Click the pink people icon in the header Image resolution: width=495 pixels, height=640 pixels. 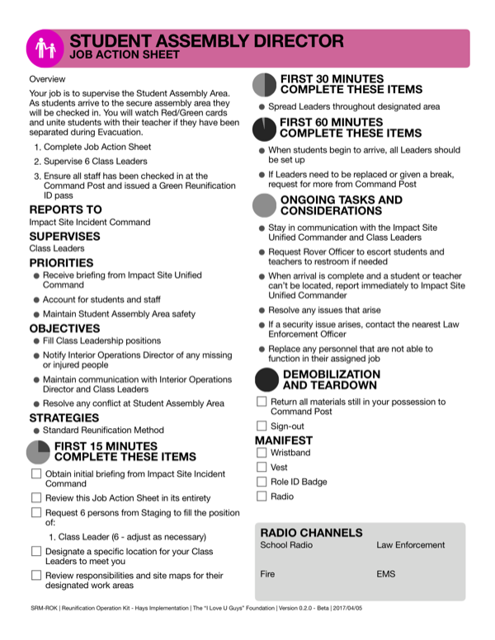coord(45,49)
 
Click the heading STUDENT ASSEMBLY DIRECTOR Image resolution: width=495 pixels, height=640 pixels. coord(206,40)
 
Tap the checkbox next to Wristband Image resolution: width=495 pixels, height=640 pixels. coord(262,453)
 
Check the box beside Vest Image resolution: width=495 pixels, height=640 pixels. coord(262,467)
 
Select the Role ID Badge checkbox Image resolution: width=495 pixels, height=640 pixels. coord(262,482)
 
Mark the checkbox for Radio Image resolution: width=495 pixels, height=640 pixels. coord(262,496)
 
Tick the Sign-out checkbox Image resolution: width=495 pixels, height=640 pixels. coord(262,426)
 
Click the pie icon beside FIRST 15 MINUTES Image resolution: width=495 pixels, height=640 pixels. coord(39,451)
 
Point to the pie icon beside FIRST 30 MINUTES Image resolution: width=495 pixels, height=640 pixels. coord(264,84)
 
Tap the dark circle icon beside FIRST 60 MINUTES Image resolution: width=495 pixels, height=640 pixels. coord(264,129)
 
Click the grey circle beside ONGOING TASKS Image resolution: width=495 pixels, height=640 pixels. coord(264,205)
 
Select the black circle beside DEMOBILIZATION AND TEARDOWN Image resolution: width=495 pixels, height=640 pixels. coord(266,379)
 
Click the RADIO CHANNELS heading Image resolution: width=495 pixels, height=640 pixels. coord(311,533)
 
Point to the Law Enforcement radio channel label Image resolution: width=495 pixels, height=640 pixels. coord(410,545)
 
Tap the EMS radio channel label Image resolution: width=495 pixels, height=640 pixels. coord(386,573)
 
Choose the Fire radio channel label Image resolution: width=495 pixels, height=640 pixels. coord(267,573)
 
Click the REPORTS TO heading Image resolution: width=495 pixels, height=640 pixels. coord(65,209)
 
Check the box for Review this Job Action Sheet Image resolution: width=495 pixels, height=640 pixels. coord(36,497)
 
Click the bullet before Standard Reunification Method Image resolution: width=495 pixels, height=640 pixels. coord(36,431)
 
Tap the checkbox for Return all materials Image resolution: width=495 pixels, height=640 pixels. coord(262,402)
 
